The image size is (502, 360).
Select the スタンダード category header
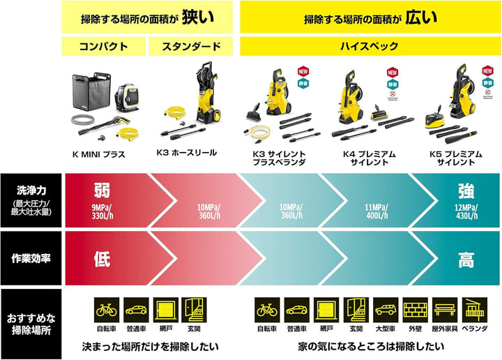pyautogui.click(x=191, y=47)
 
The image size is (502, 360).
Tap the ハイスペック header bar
pyautogui.click(x=370, y=47)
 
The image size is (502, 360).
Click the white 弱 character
pyautogui.click(x=102, y=190)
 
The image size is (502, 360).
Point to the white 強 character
pyautogui.click(x=466, y=190)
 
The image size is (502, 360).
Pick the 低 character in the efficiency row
pyautogui.click(x=102, y=260)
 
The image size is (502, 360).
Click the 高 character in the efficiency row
pyautogui.click(x=466, y=260)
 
